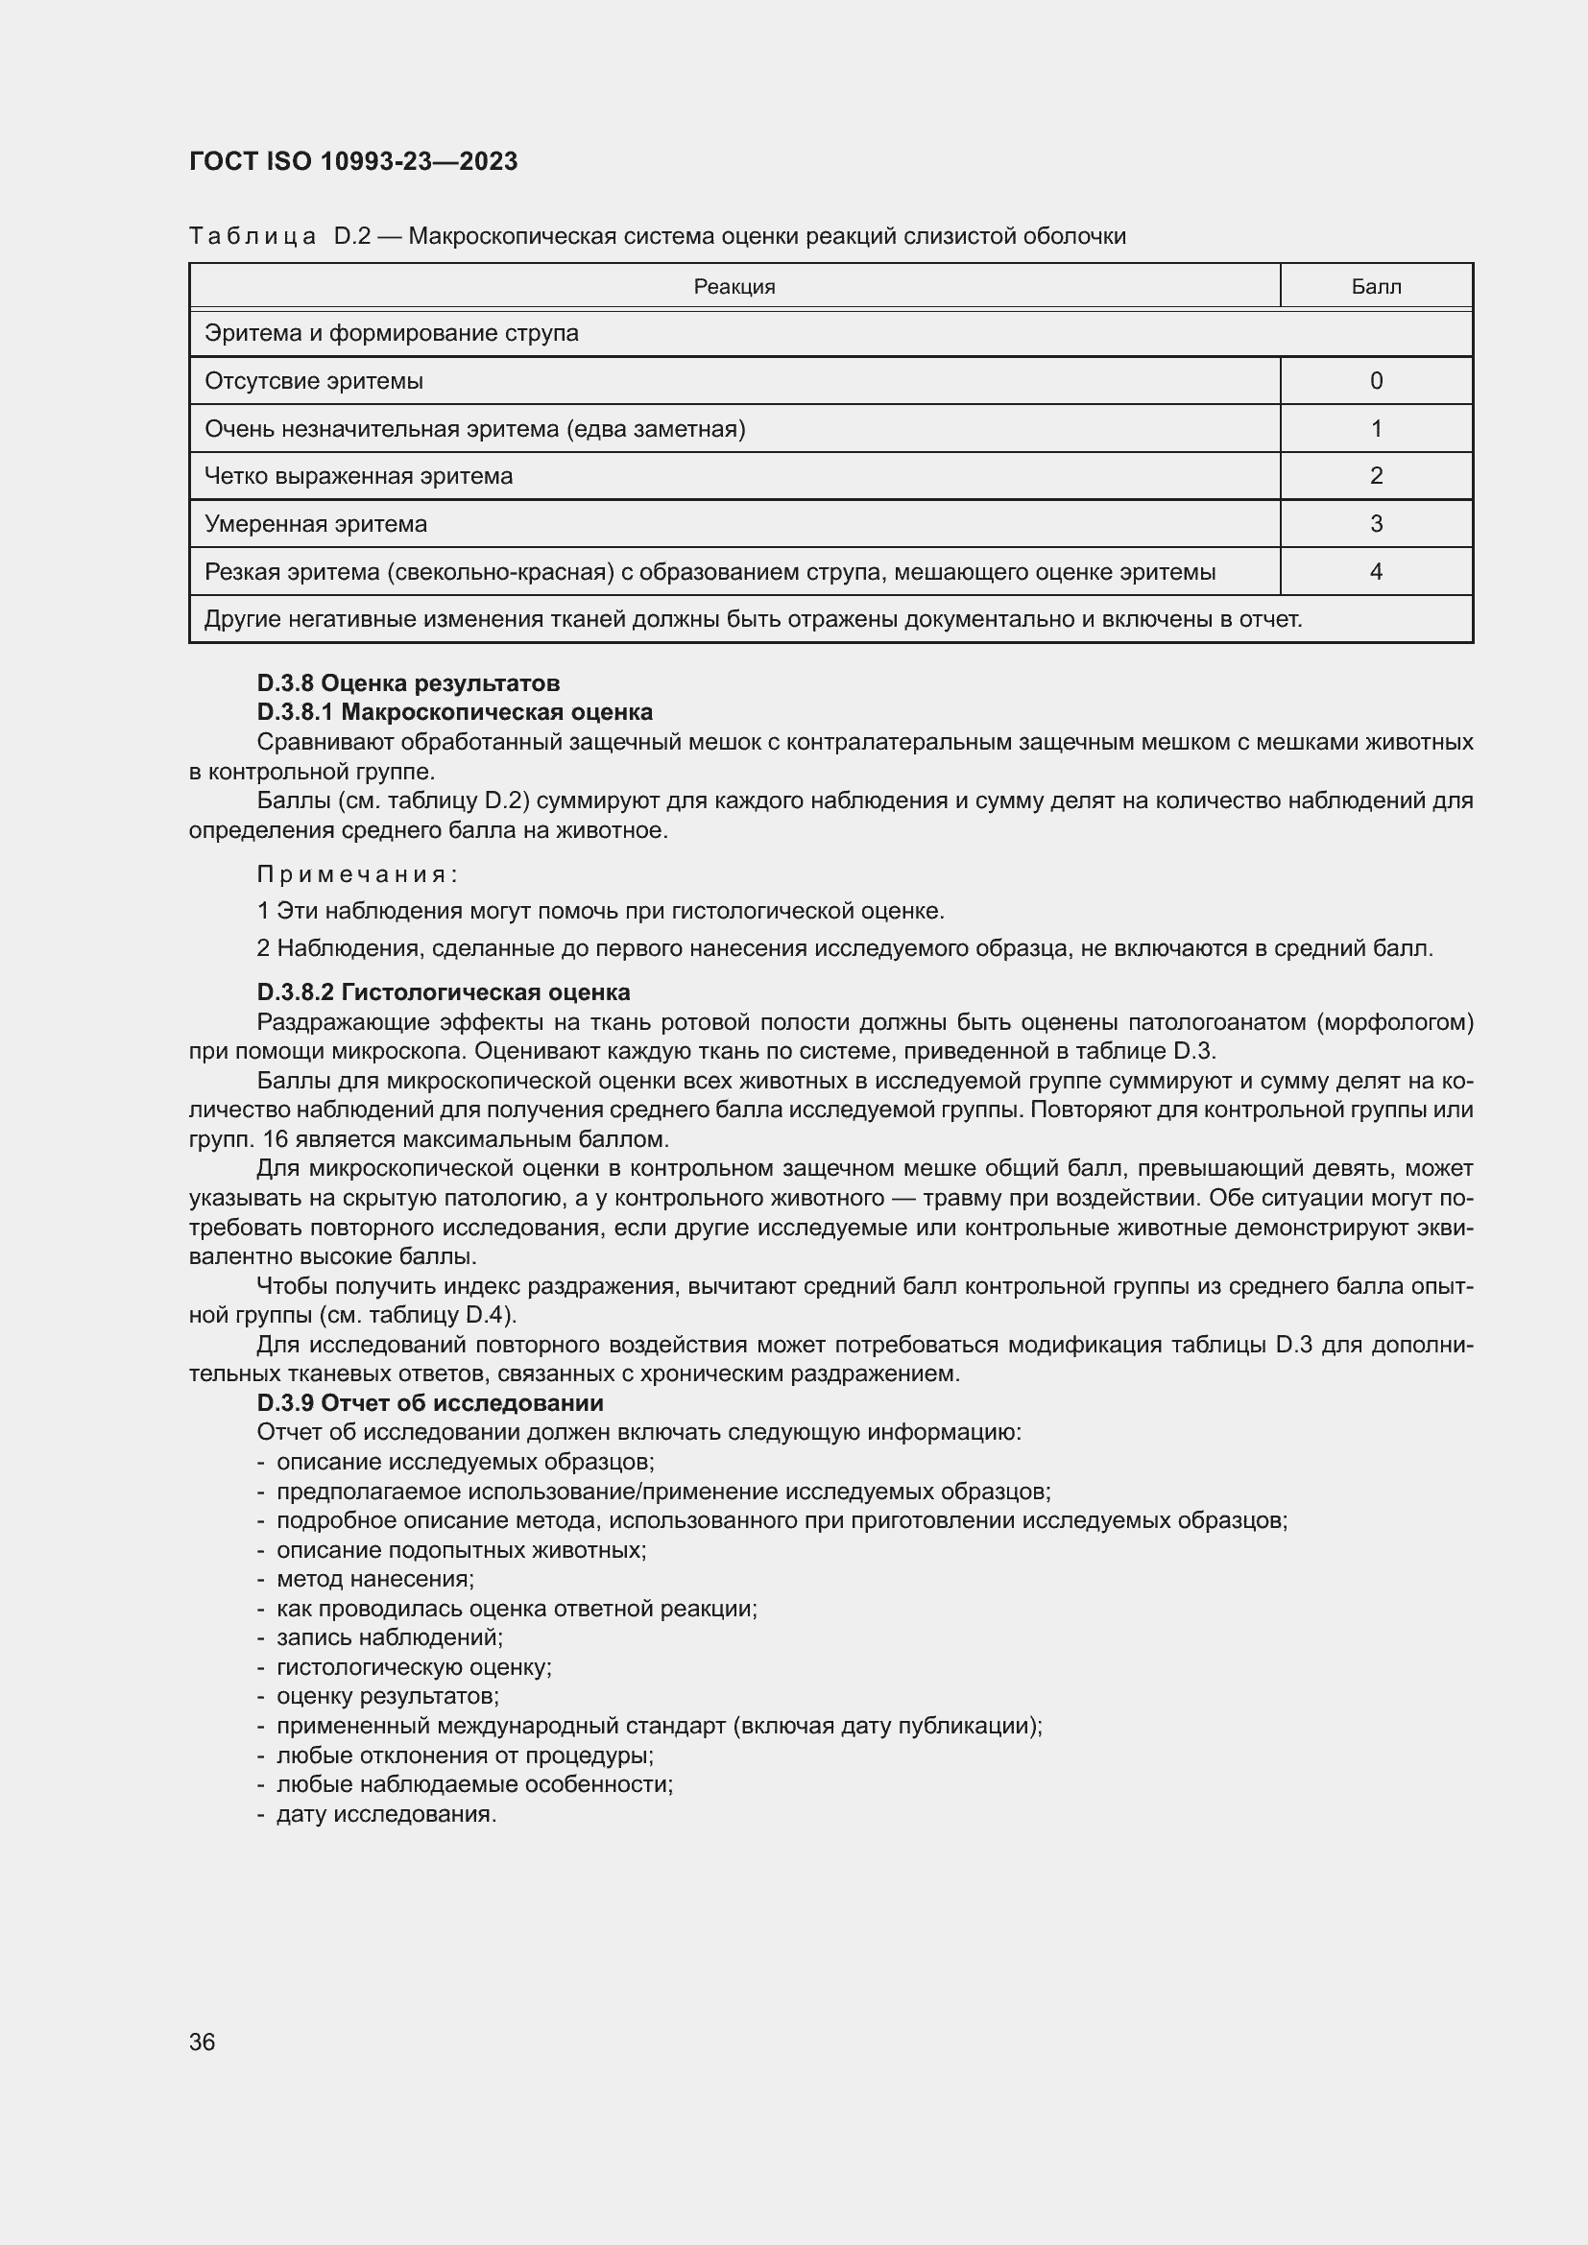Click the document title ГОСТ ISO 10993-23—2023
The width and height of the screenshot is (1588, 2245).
(x=353, y=161)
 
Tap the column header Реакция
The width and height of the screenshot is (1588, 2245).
(x=734, y=286)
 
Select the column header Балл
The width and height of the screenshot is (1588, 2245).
(x=1375, y=286)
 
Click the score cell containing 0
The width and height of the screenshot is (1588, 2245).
(x=1375, y=380)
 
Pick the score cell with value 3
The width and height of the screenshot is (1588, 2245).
(x=1375, y=524)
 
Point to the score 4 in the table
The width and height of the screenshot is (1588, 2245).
(x=1375, y=572)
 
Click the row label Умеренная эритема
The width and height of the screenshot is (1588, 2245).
(x=316, y=524)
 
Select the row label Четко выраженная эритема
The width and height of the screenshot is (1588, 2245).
(x=358, y=476)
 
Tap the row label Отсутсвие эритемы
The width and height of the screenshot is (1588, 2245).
(x=313, y=380)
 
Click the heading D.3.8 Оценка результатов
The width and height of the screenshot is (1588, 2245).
(x=408, y=682)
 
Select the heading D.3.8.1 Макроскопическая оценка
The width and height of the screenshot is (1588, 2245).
(x=455, y=712)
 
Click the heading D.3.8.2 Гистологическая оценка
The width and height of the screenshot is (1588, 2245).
(x=443, y=992)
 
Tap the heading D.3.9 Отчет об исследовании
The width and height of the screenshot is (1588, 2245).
(x=429, y=1403)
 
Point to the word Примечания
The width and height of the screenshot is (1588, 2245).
(x=357, y=874)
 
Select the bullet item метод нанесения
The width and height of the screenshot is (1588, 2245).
(x=374, y=1579)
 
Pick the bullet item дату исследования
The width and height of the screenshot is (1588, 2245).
(x=386, y=1814)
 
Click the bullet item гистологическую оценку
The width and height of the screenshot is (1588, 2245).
(x=414, y=1667)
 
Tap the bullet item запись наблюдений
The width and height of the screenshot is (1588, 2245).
(x=389, y=1637)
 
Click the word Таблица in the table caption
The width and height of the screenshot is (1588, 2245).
(x=252, y=237)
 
